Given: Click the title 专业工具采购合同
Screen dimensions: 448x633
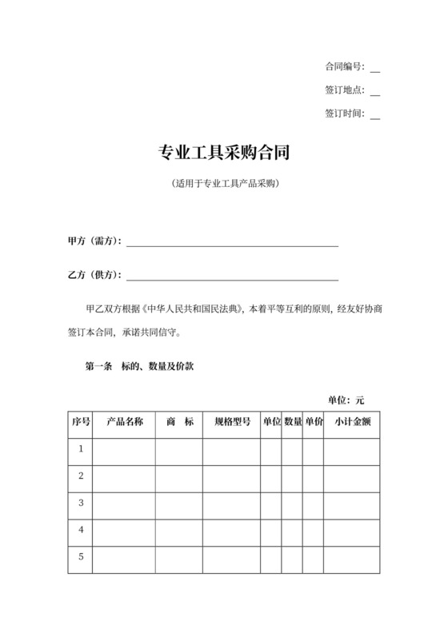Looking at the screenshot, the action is pyautogui.click(x=223, y=152).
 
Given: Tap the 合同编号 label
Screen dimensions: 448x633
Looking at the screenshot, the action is pyautogui.click(x=345, y=66).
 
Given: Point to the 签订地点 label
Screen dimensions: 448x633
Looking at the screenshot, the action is pyautogui.click(x=345, y=90).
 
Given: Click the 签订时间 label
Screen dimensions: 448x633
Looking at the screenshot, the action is pyautogui.click(x=345, y=113).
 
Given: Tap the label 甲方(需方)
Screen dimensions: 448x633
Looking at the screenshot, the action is pyautogui.click(x=94, y=241).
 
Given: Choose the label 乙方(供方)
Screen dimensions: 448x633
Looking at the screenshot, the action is pyautogui.click(x=94, y=276).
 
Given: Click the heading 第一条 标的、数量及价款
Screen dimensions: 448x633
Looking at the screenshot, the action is pyautogui.click(x=135, y=368).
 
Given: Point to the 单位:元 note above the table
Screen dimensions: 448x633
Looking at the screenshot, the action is pyautogui.click(x=346, y=400).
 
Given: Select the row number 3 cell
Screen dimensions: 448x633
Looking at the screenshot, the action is pyautogui.click(x=81, y=504).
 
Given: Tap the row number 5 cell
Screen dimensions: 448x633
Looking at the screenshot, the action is pyautogui.click(x=81, y=557).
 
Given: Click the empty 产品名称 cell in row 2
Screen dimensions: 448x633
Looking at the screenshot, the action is pyautogui.click(x=124, y=476).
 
